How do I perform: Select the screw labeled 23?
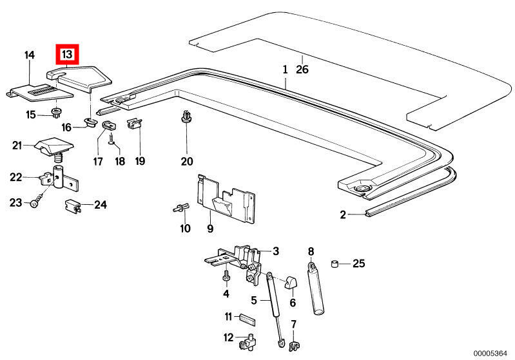pos(34,203)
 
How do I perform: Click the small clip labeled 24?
pos(73,206)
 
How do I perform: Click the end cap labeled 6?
pos(289,282)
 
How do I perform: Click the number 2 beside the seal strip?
pos(344,214)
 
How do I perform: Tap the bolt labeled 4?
pos(226,276)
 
